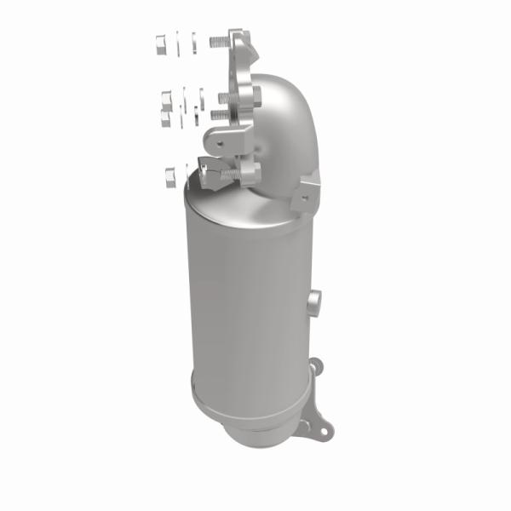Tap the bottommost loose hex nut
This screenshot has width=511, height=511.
(x=169, y=176)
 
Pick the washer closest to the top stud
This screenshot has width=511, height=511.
(x=195, y=41)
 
